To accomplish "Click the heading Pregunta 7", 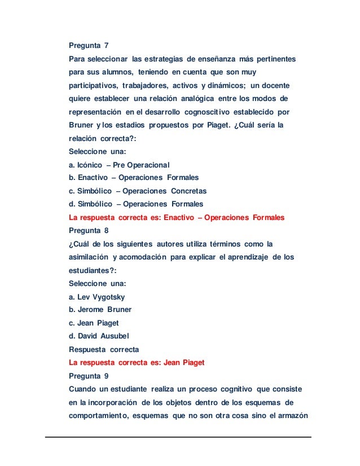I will pos(88,46).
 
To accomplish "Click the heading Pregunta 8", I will pos(88,231).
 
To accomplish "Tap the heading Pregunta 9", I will pos(88,376).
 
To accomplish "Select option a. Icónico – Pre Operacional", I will pos(118,165).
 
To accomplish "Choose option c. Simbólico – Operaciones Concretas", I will pos(137,191).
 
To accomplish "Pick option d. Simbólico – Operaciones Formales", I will pos(135,204).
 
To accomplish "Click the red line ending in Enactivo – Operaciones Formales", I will pos(176,217).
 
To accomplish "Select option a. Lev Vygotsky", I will pos(96,297).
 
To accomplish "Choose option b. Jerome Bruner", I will pos(100,310).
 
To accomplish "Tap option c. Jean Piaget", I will pos(94,323).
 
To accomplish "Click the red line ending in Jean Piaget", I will pos(136,363).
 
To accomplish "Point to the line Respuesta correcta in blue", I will pos(103,349).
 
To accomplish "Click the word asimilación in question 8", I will pos(89,257).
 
